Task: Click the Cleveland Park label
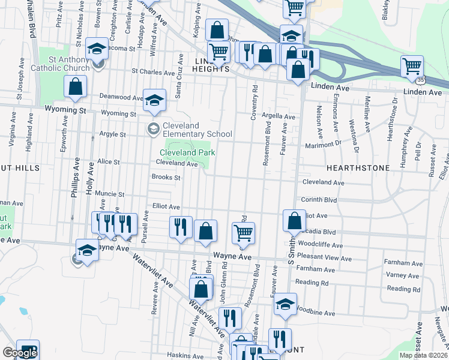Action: tap(187, 152)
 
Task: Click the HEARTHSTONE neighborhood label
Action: tap(358, 168)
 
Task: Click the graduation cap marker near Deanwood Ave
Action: tap(154, 100)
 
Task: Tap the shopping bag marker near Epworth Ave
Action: tap(76, 88)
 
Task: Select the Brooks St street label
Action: tap(166, 177)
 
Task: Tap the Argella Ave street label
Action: tap(279, 116)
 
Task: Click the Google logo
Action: tap(20, 353)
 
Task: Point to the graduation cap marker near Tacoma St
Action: tap(96, 49)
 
